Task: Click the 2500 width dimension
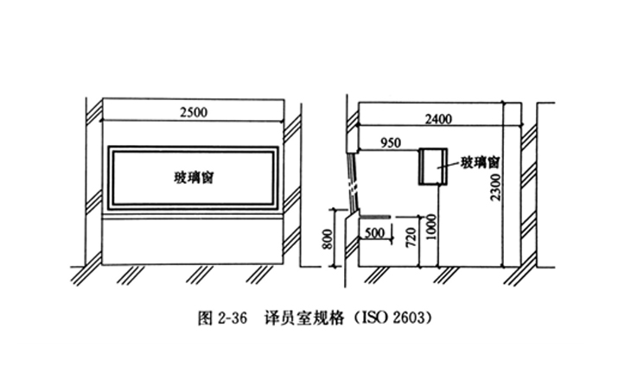(193, 111)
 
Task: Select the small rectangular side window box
(430, 166)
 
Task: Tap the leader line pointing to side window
(450, 164)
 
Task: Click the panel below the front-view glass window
(193, 241)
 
